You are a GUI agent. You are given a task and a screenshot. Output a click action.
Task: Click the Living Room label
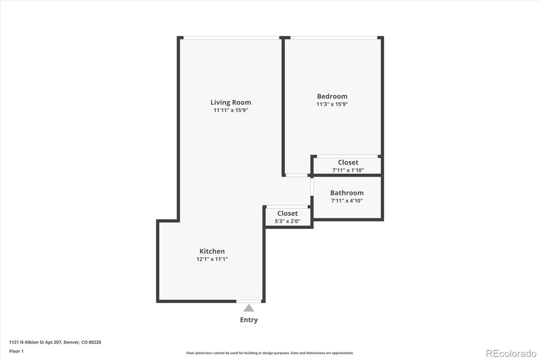pos(231,102)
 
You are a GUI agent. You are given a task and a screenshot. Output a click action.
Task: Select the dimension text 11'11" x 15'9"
pos(231,110)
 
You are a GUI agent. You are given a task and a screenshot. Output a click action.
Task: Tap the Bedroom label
pos(332,96)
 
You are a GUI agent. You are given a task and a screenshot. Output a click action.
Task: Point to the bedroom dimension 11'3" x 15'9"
pos(332,104)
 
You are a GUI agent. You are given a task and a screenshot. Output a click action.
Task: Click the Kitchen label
pos(212,251)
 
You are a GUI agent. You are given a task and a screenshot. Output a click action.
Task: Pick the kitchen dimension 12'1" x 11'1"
pos(212,259)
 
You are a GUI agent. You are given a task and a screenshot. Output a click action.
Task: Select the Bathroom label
pos(347,192)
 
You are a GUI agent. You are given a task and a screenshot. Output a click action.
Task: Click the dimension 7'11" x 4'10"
pos(347,201)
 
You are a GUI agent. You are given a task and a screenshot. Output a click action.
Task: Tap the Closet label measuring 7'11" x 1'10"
pos(348,162)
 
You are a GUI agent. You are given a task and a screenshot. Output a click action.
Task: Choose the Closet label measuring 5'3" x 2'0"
pos(288,213)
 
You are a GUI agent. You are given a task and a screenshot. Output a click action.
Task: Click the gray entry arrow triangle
pos(249,308)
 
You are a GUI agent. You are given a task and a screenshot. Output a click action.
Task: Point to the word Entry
pos(249,320)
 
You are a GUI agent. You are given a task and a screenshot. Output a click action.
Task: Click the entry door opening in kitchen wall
pos(249,301)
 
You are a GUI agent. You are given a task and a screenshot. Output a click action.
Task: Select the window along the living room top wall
pos(231,37)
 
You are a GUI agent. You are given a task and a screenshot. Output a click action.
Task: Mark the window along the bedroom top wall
pos(333,37)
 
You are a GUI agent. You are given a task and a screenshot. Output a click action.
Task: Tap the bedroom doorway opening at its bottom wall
pos(296,175)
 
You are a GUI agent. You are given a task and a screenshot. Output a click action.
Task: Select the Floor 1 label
pos(16,351)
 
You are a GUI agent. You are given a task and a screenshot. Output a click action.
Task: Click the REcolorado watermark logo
pos(511,353)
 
